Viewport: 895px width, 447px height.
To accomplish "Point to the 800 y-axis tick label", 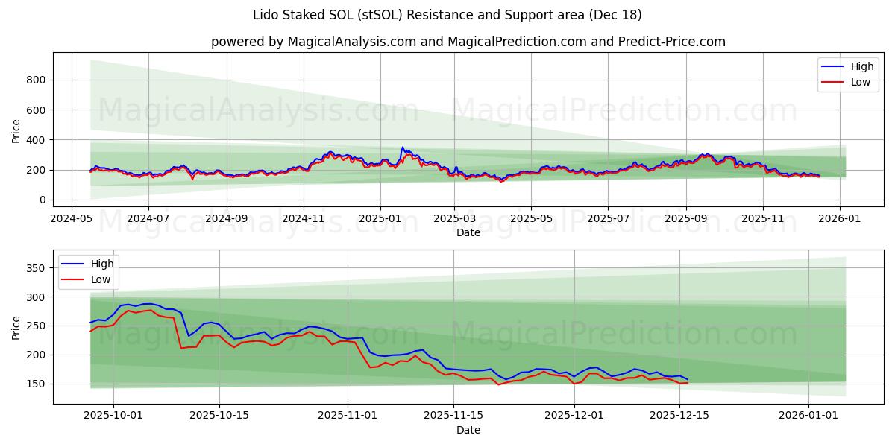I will (36, 80).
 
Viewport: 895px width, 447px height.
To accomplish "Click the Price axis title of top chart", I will (16, 130).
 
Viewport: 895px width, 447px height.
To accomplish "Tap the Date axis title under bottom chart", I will (468, 430).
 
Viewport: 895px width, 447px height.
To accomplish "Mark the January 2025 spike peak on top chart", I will (403, 148).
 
